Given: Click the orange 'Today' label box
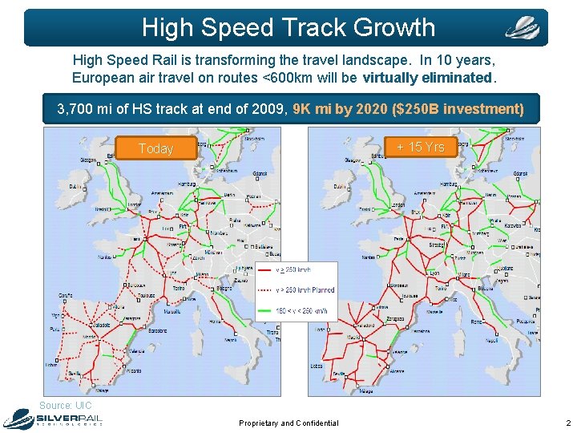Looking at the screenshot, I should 155,148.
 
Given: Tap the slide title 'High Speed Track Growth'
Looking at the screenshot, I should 288,27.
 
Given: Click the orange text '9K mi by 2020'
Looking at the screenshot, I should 341,108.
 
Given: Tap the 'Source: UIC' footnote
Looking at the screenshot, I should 66,406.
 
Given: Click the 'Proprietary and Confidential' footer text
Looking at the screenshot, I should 288,423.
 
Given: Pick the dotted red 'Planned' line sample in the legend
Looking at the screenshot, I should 265,289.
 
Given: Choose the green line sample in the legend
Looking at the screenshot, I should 265,311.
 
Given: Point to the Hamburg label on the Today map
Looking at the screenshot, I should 186,184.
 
